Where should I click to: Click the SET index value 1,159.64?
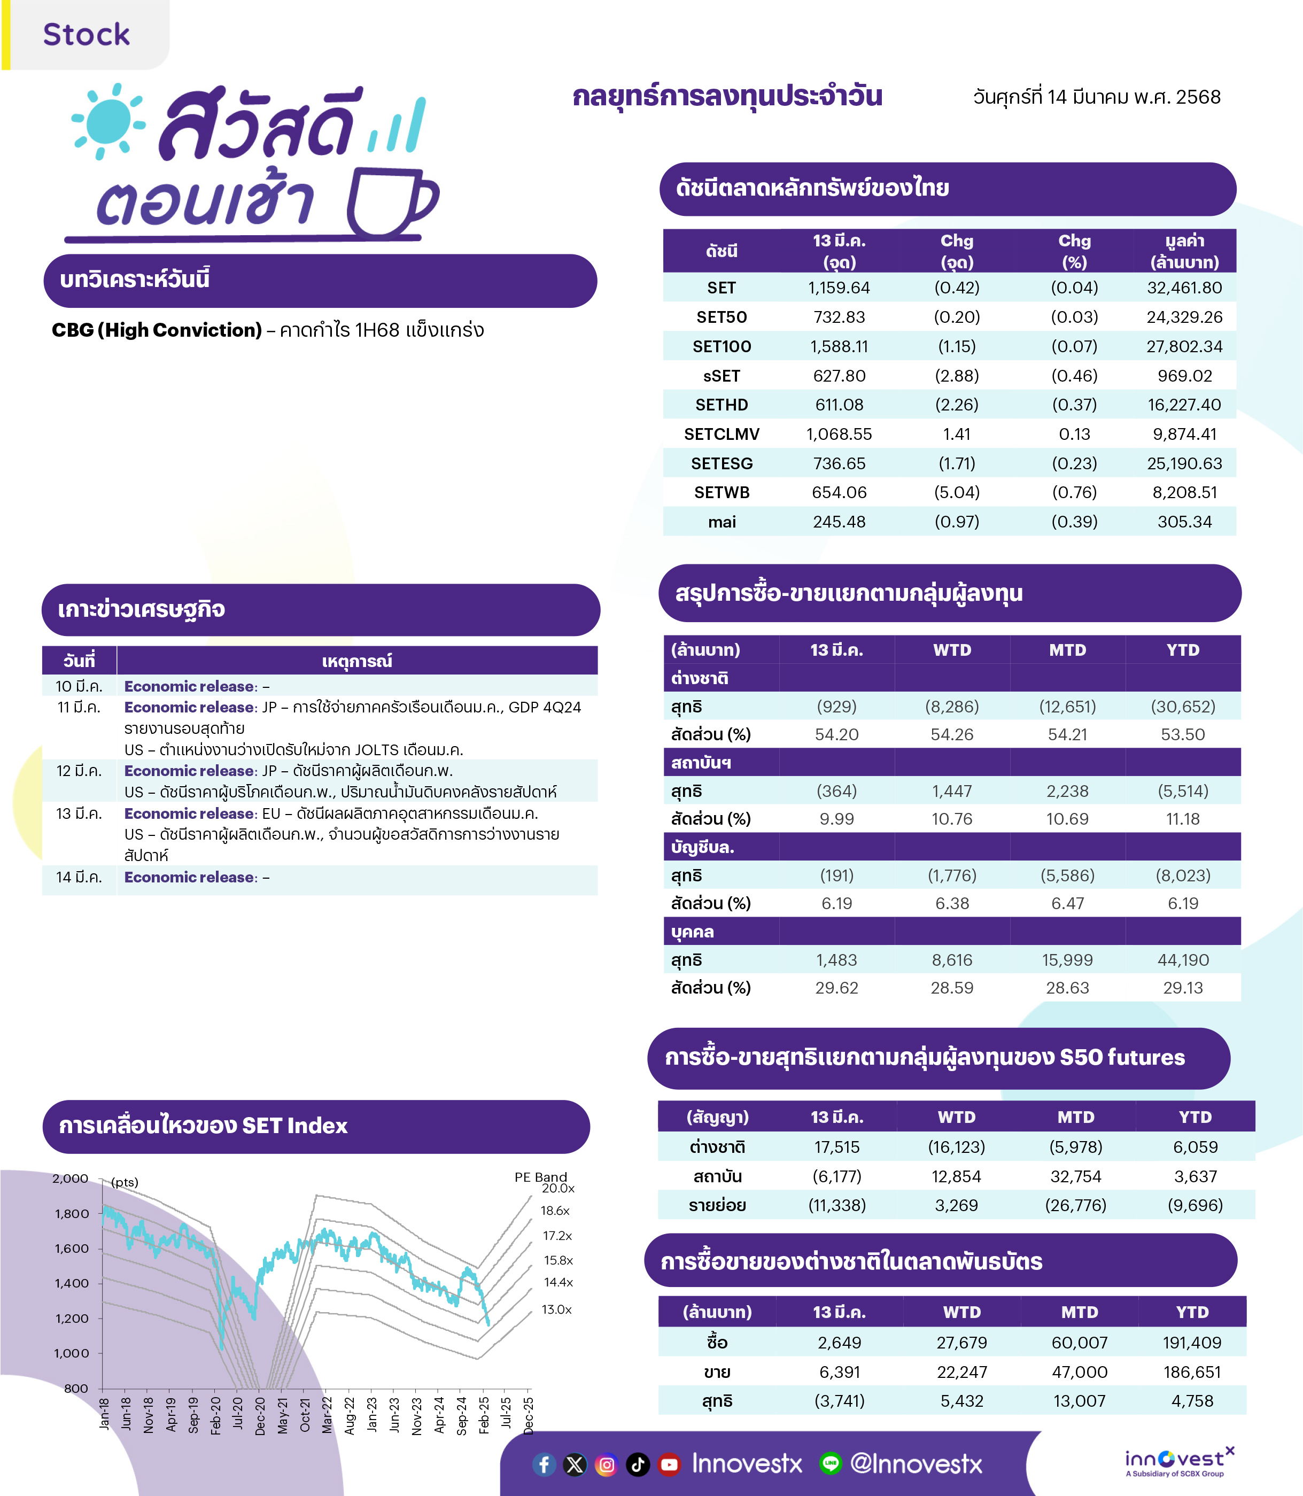tap(839, 288)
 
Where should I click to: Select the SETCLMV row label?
tap(722, 434)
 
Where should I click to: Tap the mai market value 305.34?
tap(1184, 522)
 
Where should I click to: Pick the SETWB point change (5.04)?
tap(957, 492)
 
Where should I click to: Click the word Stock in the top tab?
tap(87, 34)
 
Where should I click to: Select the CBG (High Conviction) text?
tap(157, 330)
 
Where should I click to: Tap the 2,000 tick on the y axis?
tap(70, 1178)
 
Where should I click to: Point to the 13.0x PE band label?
tap(556, 1309)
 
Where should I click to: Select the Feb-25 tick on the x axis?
tap(484, 1415)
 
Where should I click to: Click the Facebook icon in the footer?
tap(544, 1464)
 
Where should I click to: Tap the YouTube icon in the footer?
tap(669, 1464)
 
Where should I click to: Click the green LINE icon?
tap(831, 1463)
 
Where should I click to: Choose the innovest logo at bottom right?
tap(1178, 1461)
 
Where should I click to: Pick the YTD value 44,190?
tap(1183, 960)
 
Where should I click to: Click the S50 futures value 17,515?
tap(837, 1147)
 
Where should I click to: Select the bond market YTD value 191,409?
tap(1192, 1343)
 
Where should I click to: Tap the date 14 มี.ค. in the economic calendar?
tap(79, 877)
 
